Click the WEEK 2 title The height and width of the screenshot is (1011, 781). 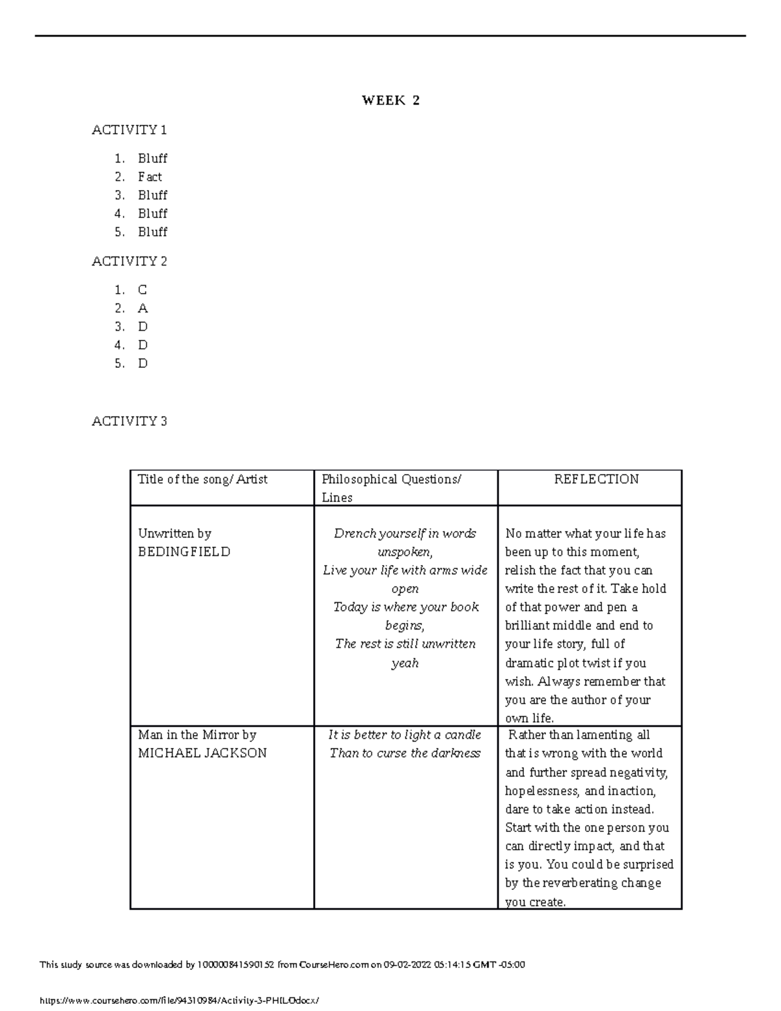(x=390, y=100)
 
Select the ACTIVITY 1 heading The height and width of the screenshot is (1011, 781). (x=130, y=130)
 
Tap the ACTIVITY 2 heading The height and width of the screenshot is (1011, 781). (x=130, y=262)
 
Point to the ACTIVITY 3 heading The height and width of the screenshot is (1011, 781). (x=130, y=421)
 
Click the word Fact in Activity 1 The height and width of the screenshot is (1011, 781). (x=150, y=177)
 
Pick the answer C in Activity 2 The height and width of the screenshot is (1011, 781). (x=143, y=290)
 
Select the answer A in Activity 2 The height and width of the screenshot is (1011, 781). (x=143, y=309)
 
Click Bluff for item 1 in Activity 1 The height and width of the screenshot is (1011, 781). (x=152, y=159)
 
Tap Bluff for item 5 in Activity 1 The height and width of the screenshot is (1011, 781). (x=152, y=232)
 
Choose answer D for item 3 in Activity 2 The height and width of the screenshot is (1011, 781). (x=143, y=327)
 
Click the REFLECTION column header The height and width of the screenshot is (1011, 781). (x=596, y=479)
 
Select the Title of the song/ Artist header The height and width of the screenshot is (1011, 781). (x=202, y=479)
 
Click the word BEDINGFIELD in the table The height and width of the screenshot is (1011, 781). (x=184, y=552)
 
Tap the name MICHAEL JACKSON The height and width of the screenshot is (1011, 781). (x=202, y=753)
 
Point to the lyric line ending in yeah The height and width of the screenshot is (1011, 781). (x=404, y=663)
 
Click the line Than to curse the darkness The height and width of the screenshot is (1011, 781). (x=405, y=753)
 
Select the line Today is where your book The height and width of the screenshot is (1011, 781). (x=405, y=607)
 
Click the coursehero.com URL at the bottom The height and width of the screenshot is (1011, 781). (x=180, y=1000)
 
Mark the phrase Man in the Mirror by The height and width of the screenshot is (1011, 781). (x=197, y=735)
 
